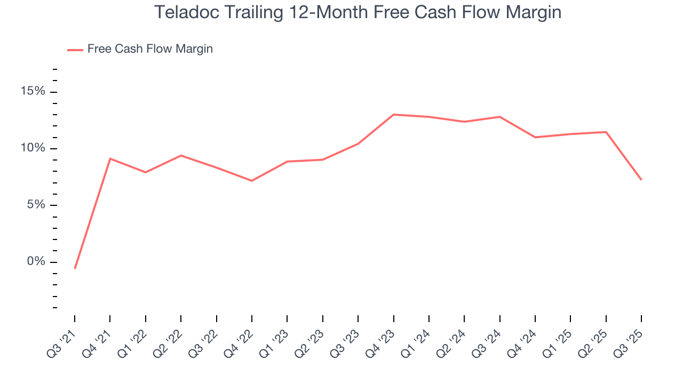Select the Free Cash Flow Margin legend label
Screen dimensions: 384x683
pos(150,49)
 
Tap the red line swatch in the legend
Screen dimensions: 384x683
pos(75,50)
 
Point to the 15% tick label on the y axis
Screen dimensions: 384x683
pos(33,92)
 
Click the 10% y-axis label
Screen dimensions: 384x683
pos(33,148)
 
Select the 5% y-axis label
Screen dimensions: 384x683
pos(36,205)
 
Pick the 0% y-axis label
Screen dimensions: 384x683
pos(36,262)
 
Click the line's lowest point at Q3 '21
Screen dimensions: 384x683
pos(75,268)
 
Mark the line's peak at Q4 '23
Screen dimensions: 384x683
pos(393,115)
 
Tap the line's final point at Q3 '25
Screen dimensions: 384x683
pos(641,180)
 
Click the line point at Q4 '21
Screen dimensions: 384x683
pos(110,158)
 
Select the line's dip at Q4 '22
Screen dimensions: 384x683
pos(252,181)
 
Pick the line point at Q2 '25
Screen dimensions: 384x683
pos(606,132)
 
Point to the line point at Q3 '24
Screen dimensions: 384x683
pos(499,117)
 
